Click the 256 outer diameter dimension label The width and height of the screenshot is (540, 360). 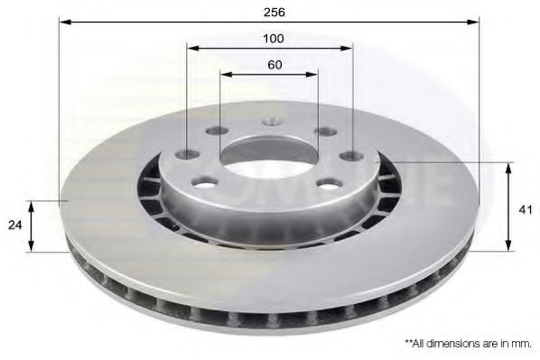[275, 13]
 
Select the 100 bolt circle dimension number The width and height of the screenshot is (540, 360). [274, 39]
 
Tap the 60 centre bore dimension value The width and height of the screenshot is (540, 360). [275, 65]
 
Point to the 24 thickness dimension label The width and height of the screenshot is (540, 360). [14, 226]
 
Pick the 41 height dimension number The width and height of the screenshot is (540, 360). [526, 209]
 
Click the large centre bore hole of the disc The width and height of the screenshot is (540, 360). [268, 157]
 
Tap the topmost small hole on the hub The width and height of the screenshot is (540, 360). [272, 121]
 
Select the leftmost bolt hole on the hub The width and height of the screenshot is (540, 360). [187, 154]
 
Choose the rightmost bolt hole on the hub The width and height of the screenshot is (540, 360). [352, 155]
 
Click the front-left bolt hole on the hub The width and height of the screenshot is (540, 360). [205, 182]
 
